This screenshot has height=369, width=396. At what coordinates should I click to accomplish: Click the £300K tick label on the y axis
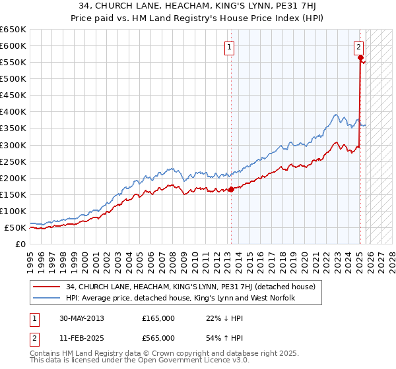point(13,145)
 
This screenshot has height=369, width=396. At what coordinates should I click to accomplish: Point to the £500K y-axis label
point(13,79)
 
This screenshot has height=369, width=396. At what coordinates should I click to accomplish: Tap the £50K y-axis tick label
point(15,228)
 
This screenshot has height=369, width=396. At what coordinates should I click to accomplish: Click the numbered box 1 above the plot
point(229,47)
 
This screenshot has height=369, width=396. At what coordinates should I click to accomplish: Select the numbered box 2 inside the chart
point(358,47)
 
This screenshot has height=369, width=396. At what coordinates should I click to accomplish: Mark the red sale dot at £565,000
point(360,58)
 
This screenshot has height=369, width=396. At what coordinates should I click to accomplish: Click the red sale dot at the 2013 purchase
point(231,190)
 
